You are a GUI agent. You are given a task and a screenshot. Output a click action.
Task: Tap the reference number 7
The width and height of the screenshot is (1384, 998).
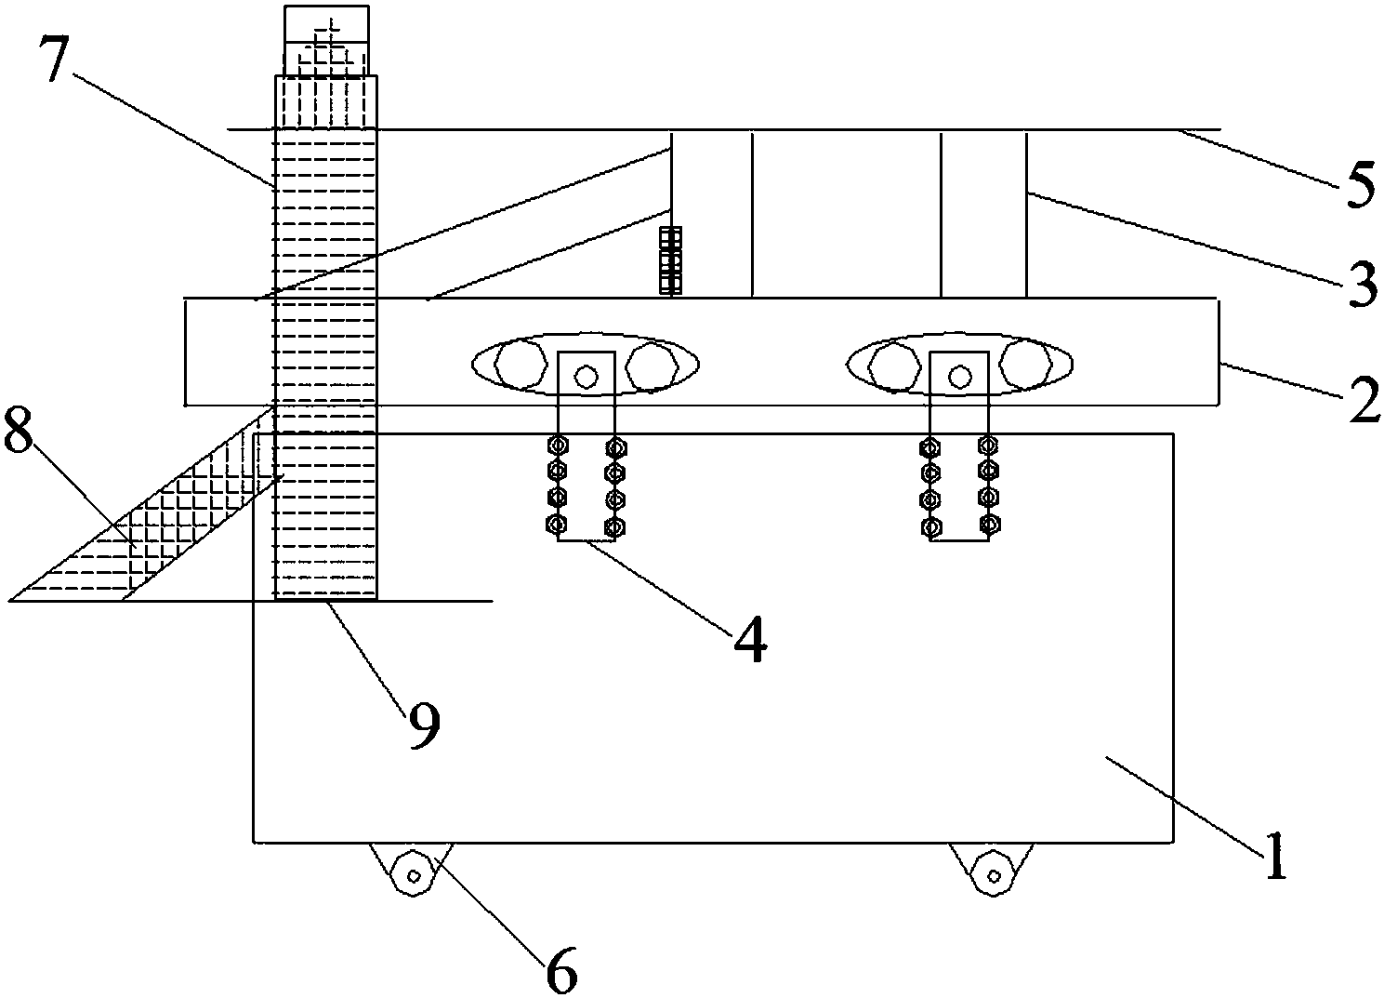pyautogui.click(x=56, y=58)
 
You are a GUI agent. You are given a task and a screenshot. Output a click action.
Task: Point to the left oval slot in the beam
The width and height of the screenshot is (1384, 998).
pyautogui.click(x=586, y=364)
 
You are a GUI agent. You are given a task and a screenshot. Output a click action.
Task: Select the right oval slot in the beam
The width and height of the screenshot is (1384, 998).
pyautogui.click(x=959, y=364)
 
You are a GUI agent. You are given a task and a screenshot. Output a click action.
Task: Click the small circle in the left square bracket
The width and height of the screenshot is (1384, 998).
pyautogui.click(x=586, y=376)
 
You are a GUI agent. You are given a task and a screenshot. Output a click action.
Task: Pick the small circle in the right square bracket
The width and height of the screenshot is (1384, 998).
pyautogui.click(x=959, y=376)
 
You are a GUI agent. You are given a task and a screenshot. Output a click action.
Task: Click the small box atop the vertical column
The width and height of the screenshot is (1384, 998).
pyautogui.click(x=326, y=41)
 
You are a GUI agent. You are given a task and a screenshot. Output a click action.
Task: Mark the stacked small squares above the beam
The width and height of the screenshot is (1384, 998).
pyautogui.click(x=670, y=260)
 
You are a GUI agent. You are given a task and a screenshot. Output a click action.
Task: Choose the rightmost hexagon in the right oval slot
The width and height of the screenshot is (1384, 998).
pyautogui.click(x=1025, y=364)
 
